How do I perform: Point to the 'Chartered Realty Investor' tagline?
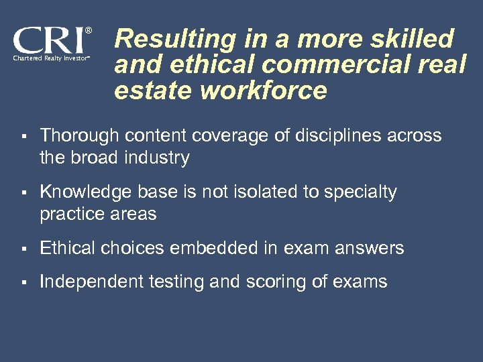50,59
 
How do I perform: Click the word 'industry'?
160,158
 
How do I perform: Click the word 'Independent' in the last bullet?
91,282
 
